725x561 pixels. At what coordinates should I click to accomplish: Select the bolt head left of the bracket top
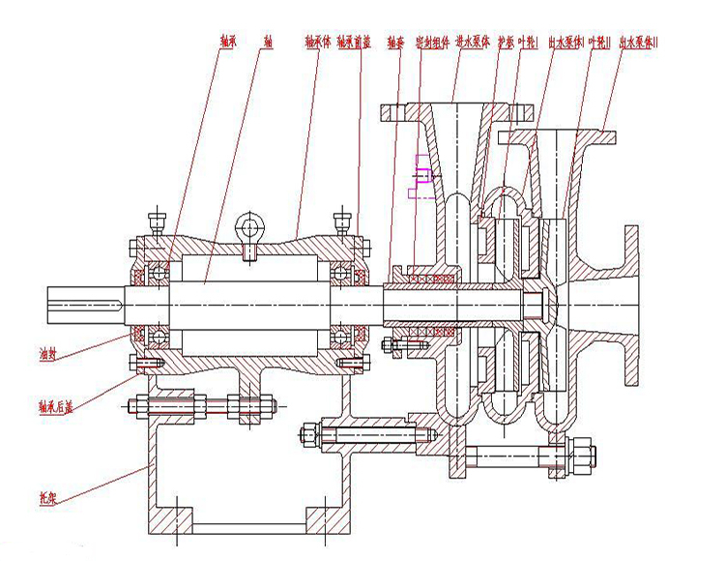pos(136,404)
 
